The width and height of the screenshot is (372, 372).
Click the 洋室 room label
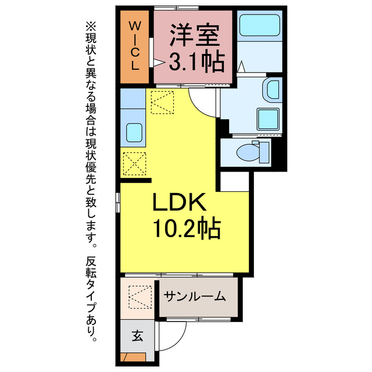coord(195,35)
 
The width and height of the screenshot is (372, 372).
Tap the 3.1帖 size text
coord(195,60)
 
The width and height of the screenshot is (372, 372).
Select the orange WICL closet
coord(134,45)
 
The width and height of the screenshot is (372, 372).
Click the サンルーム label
coord(194,296)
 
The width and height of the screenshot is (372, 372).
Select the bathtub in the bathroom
coord(259,27)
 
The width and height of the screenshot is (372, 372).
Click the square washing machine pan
coord(269,119)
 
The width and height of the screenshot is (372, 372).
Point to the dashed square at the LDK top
coord(163,102)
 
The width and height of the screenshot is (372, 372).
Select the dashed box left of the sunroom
coord(139,298)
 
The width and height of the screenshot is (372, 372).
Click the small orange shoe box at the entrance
coord(128,357)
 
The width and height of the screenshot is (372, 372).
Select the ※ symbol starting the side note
coord(89,26)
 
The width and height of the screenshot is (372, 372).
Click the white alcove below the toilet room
coord(235,181)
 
